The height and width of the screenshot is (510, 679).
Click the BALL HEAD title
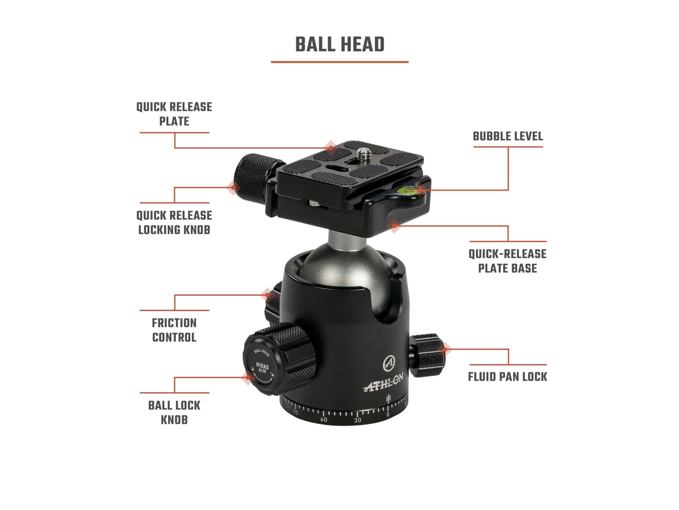click(x=339, y=45)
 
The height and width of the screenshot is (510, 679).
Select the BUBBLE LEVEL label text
click(x=508, y=136)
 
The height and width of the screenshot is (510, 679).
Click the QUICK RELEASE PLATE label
click(x=174, y=114)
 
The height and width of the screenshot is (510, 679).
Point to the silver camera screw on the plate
click(x=363, y=154)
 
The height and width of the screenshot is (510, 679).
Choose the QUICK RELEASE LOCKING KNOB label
click(x=174, y=223)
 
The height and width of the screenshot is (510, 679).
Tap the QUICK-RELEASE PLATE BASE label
click(x=507, y=261)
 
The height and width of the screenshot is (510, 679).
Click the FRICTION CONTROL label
click(x=174, y=330)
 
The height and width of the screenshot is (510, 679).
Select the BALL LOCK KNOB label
click(x=174, y=412)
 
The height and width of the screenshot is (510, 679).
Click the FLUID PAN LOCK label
click(x=507, y=377)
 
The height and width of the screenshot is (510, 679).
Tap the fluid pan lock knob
click(x=427, y=355)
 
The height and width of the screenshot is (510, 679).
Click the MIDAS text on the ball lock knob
click(x=262, y=365)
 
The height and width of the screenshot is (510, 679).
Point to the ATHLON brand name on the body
click(x=383, y=383)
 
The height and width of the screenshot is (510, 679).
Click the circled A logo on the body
click(x=389, y=363)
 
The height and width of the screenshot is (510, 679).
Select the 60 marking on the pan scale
click(x=323, y=419)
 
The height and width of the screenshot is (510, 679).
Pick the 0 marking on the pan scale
click(x=388, y=415)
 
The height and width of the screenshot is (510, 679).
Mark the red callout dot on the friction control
click(x=267, y=295)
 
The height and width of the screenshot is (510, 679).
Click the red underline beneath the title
click(x=339, y=62)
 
